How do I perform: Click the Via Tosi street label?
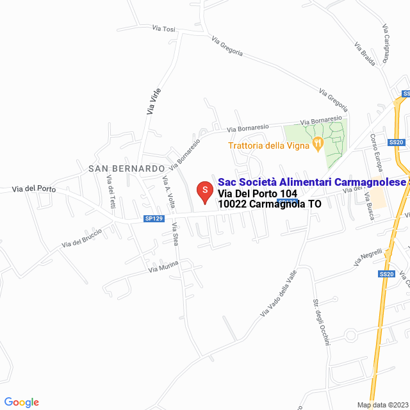tap(163, 29)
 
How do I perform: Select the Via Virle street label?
tap(154, 101)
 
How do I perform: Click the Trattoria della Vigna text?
tap(269, 145)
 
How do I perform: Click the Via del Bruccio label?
tap(81, 238)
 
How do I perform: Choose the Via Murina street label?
tap(163, 267)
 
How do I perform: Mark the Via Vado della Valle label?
tap(279, 293)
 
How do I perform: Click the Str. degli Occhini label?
tap(320, 322)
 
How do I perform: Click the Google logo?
tap(22, 402)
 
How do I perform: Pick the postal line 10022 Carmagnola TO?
tap(270, 204)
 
